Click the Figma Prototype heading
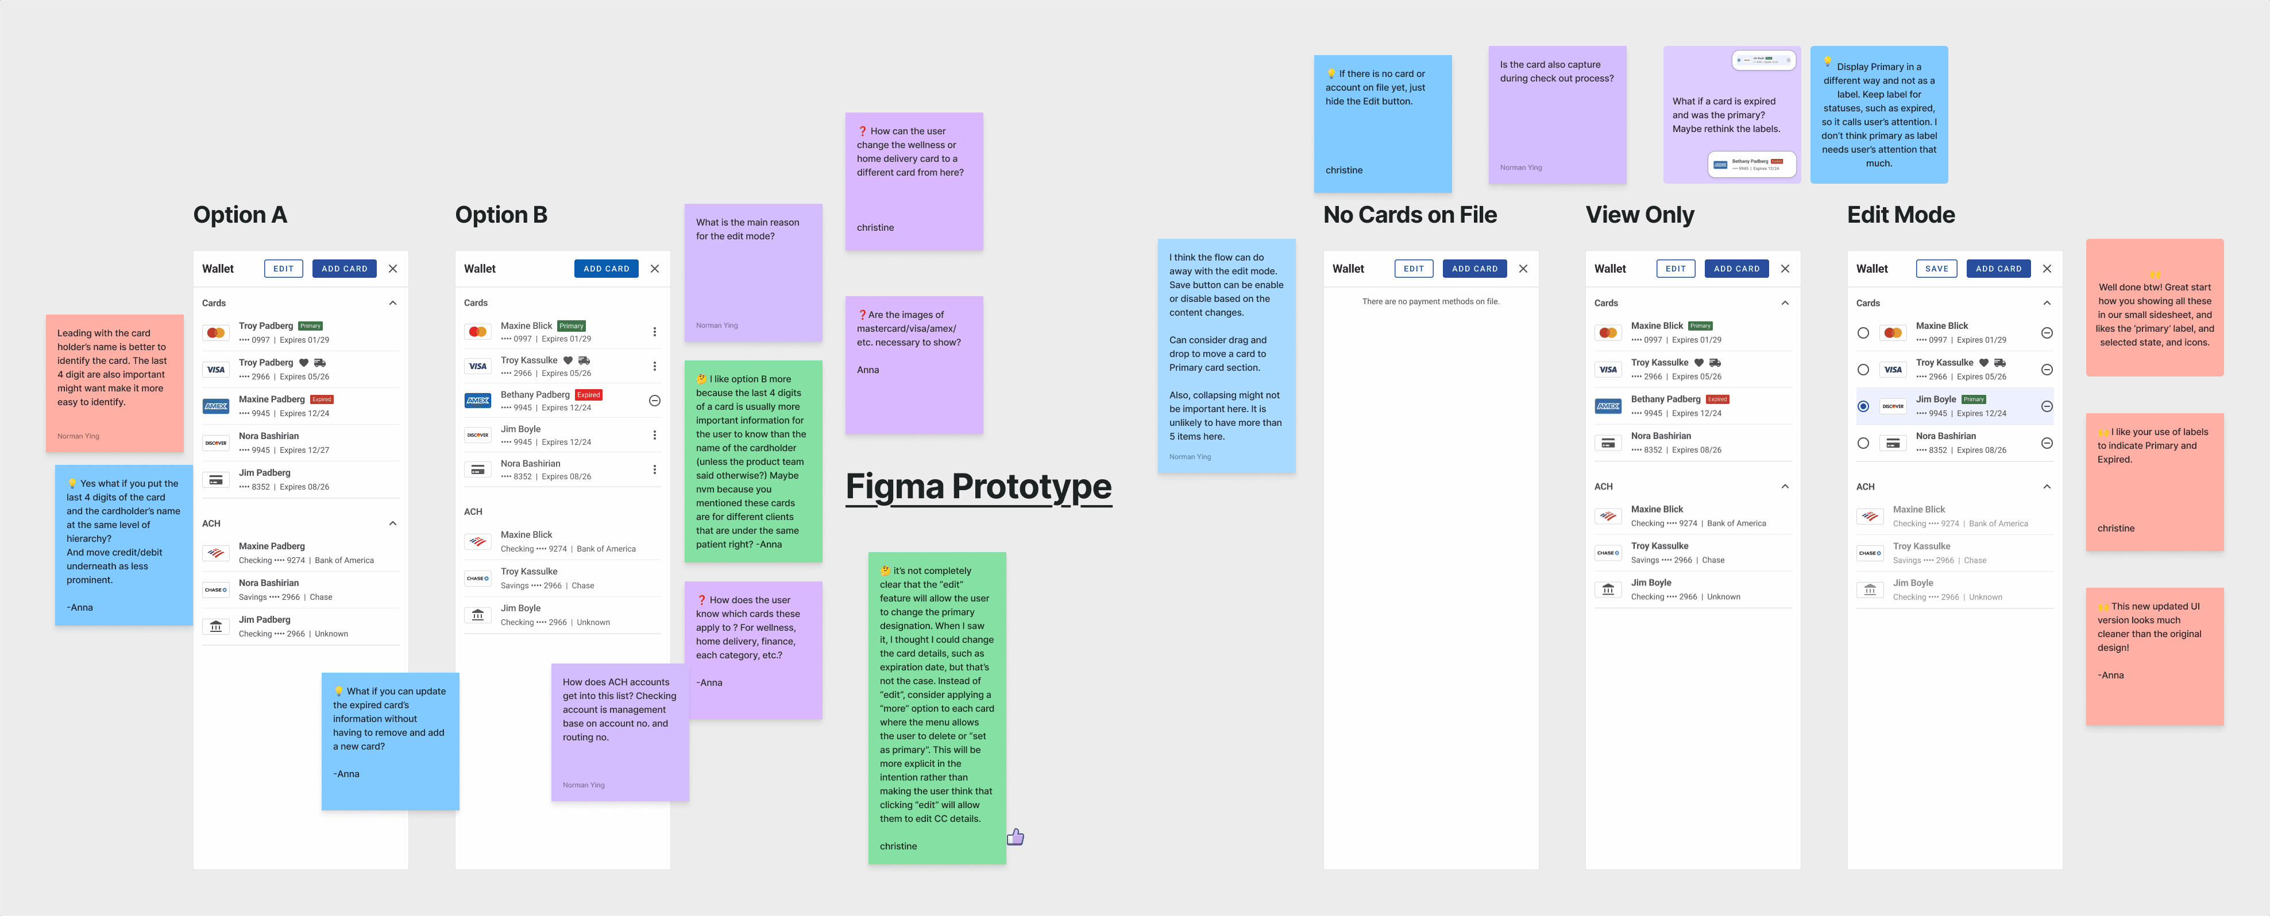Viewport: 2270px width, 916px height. point(978,486)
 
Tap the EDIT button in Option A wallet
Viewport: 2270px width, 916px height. point(283,269)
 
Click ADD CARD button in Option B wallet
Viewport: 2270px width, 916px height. point(607,269)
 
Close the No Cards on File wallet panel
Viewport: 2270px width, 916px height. point(1523,269)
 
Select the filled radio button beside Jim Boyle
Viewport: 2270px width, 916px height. point(1863,406)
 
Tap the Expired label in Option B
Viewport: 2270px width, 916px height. point(589,395)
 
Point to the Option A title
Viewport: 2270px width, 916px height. point(240,215)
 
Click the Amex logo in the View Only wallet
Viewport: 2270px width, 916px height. point(1608,406)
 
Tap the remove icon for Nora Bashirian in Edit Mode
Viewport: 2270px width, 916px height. point(2047,443)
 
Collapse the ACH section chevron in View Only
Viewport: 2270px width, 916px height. point(1785,486)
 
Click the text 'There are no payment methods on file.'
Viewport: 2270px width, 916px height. point(1430,301)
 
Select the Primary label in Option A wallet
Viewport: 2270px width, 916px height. point(310,326)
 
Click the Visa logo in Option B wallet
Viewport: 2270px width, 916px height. point(478,366)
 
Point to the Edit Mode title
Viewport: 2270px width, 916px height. point(1901,215)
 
